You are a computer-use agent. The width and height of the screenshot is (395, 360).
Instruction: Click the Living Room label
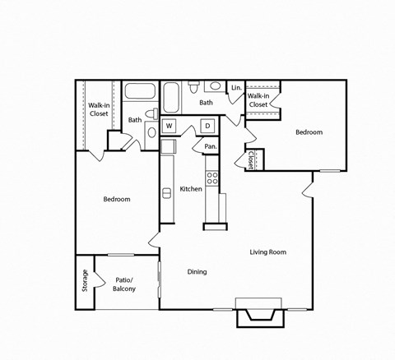pos(267,252)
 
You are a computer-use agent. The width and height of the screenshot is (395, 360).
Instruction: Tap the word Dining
pos(197,272)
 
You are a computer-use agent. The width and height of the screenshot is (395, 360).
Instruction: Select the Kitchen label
pos(191,189)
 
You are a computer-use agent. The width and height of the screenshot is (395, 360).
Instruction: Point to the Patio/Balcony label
pos(123,284)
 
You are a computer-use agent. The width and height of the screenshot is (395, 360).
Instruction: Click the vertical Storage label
pos(85,281)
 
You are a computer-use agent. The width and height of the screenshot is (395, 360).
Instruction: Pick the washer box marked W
pos(170,126)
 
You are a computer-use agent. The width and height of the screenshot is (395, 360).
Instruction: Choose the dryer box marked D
pos(207,126)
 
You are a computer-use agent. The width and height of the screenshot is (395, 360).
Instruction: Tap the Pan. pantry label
pos(211,146)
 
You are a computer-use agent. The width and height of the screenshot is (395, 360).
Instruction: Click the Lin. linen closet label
pos(235,88)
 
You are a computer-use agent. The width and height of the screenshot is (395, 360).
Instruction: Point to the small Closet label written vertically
pos(250,159)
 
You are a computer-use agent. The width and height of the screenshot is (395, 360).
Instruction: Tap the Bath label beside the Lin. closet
pos(206,103)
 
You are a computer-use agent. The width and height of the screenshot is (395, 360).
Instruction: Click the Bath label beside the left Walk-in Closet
pos(134,120)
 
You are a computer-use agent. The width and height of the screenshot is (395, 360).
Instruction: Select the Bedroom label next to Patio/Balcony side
pos(116,200)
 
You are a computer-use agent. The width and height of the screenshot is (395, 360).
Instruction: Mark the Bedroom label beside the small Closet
pos(309,132)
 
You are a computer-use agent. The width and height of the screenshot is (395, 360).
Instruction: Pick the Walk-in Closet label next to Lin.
pos(258,100)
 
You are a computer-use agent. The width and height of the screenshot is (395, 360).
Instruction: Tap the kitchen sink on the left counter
pos(168,147)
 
